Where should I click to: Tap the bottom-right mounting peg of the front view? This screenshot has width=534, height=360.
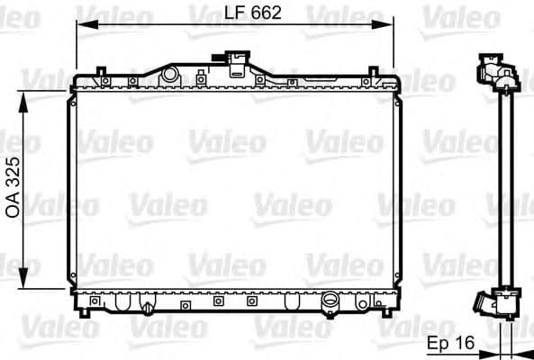coord(388,312)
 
